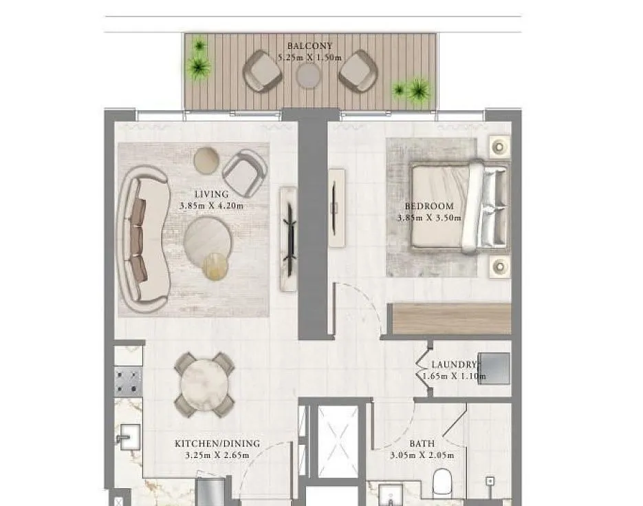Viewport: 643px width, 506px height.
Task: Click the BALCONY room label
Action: click(309, 46)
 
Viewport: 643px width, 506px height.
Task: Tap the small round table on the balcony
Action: click(308, 76)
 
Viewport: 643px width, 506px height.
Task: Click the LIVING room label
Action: click(211, 194)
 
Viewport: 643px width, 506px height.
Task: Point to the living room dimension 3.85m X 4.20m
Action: click(211, 206)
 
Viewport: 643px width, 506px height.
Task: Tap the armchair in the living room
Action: click(244, 172)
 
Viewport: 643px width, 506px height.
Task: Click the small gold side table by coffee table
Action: click(215, 266)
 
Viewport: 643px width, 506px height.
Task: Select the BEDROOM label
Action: click(429, 206)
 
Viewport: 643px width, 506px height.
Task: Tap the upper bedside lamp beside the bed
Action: click(499, 146)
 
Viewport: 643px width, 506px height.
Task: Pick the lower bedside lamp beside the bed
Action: click(500, 266)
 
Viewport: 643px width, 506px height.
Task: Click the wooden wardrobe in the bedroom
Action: click(450, 319)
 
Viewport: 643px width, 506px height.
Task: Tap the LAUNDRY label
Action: click(455, 364)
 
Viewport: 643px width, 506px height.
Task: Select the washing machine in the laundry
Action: click(494, 368)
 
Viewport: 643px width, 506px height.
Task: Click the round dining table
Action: click(204, 385)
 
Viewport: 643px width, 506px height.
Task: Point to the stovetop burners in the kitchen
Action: click(129, 381)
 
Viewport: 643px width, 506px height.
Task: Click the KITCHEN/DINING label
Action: click(217, 443)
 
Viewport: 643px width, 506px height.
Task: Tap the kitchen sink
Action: click(129, 436)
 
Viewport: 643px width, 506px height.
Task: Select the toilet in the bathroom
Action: click(442, 482)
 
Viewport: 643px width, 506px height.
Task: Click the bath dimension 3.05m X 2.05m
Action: click(422, 455)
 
